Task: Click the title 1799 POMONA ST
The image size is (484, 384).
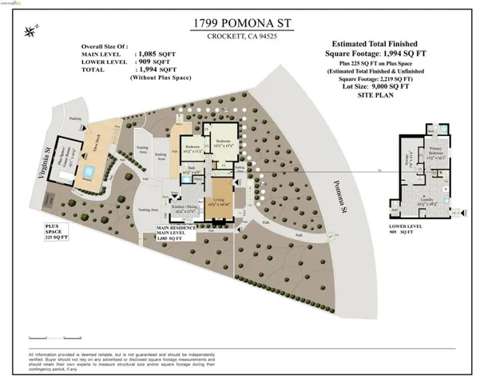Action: click(x=240, y=24)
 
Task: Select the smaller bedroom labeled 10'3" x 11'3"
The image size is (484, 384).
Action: click(x=193, y=149)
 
